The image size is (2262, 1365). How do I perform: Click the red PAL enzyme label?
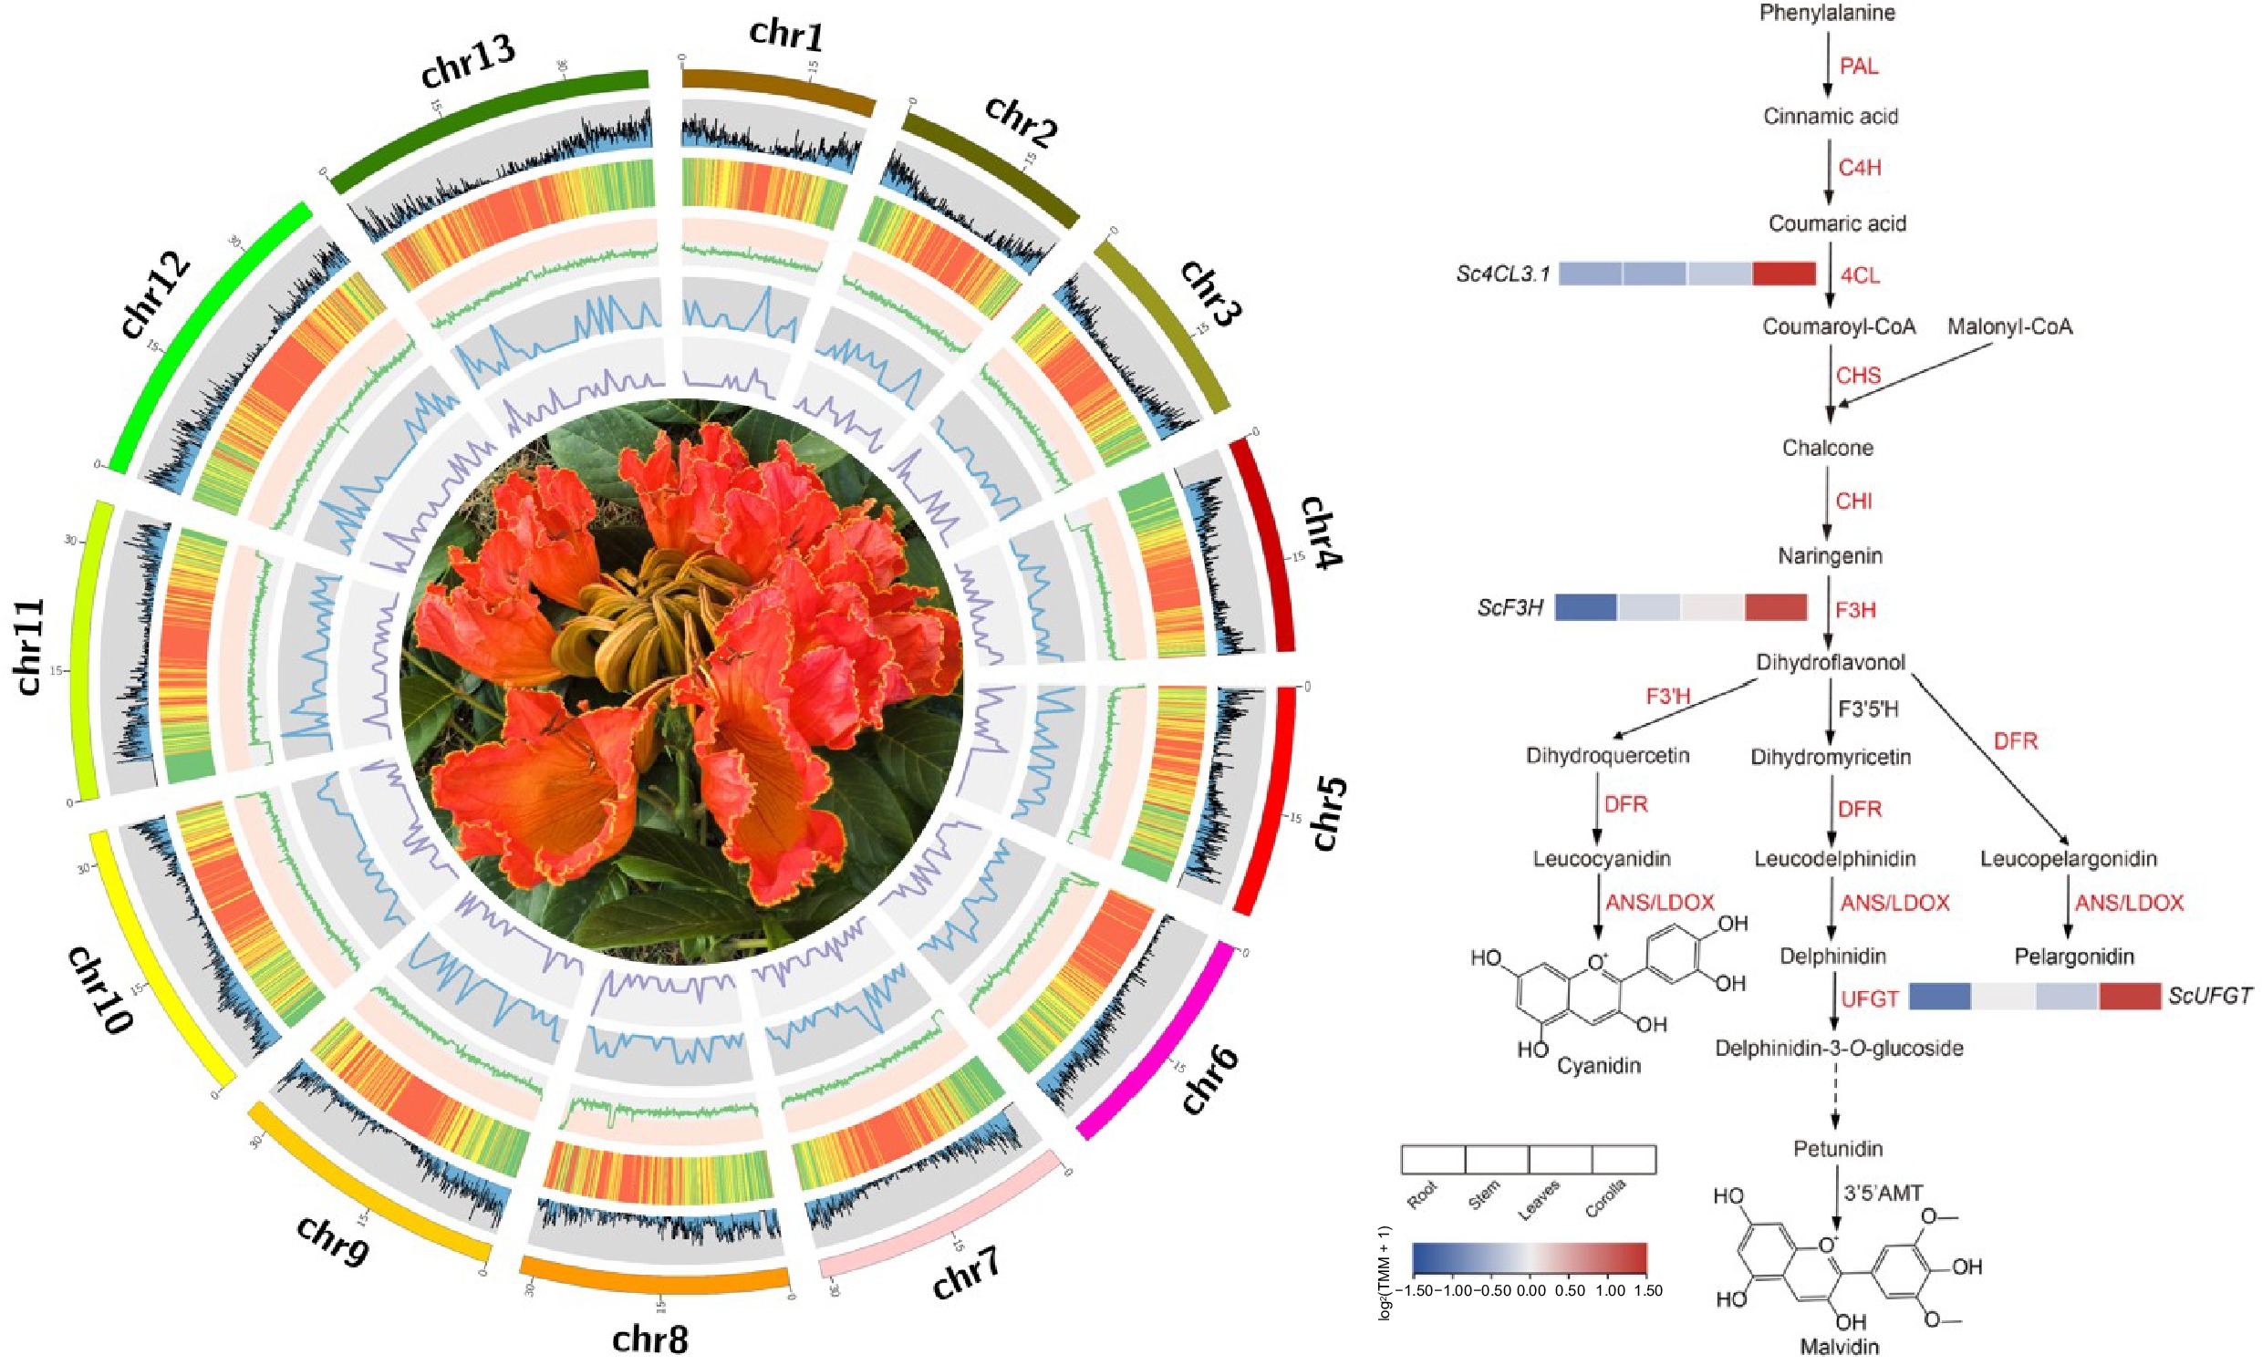point(1859,66)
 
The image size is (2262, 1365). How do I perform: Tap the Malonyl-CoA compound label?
point(2010,326)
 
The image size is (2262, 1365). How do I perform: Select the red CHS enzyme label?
point(1858,376)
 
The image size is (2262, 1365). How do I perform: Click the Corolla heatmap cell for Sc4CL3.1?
point(1784,274)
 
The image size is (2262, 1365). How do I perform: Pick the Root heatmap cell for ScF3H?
point(1585,606)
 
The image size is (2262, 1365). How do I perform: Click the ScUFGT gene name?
point(2210,996)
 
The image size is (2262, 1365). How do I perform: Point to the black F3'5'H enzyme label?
point(1867,708)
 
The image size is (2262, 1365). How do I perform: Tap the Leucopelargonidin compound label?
point(2069,858)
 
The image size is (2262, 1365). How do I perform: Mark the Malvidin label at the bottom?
point(1839,1348)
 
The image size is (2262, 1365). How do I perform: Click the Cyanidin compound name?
point(1598,1066)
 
